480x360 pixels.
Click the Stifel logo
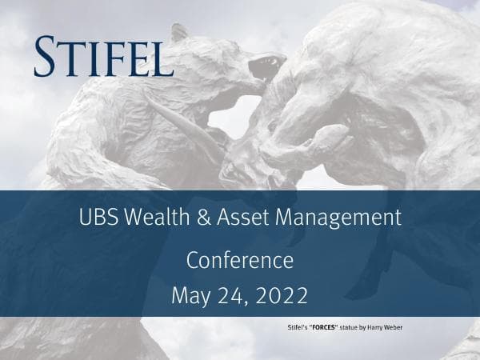103,55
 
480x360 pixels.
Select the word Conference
240,260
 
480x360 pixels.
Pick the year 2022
282,295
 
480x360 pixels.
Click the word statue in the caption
355,328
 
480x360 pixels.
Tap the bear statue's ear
179,33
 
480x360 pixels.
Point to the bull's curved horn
180,120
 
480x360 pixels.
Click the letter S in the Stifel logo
46,55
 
